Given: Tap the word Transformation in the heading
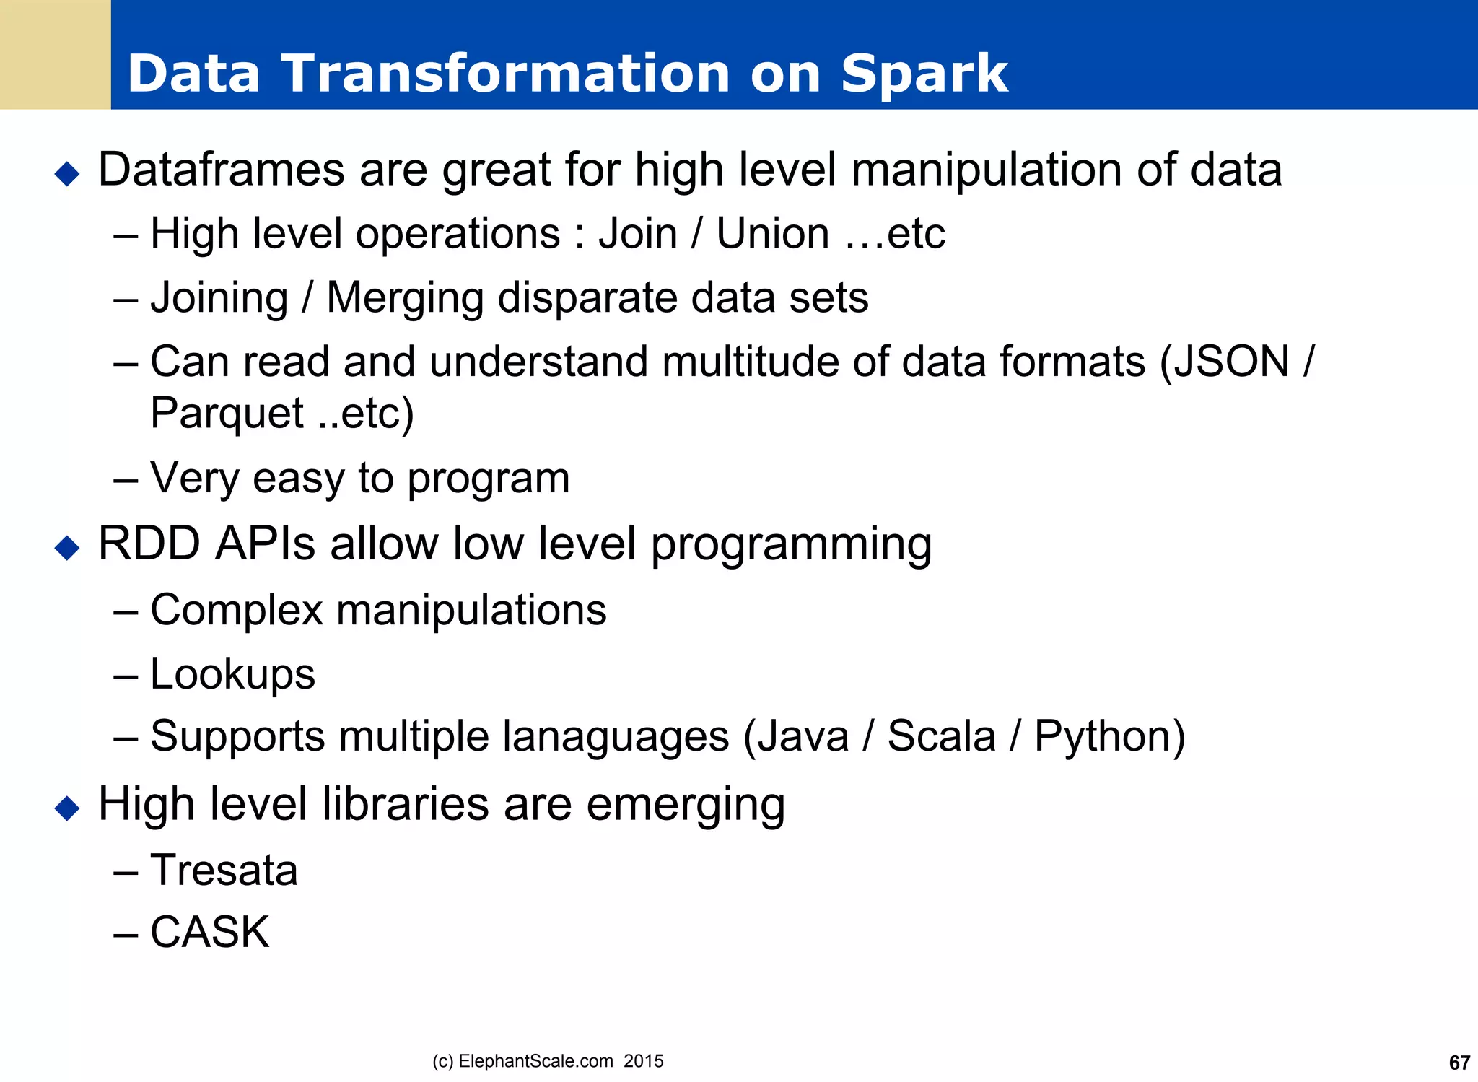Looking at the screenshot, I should (x=505, y=74).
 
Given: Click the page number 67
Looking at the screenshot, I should (x=1459, y=1063).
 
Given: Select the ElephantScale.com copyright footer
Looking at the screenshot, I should (x=548, y=1061).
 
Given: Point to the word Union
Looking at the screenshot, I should (x=772, y=234).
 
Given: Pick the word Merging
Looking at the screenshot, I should (x=404, y=298).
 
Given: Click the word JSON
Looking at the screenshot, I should (x=1231, y=361).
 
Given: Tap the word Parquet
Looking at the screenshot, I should (x=227, y=414).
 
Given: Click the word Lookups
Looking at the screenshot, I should (x=232, y=674).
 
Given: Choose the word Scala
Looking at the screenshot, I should (x=941, y=737).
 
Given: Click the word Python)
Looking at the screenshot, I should (x=1109, y=737).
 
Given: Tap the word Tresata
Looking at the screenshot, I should (x=224, y=870).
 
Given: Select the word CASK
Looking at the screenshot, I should (x=209, y=932).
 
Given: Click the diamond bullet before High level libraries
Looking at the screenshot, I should (x=67, y=808).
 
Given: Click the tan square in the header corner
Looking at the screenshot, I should (x=55, y=55).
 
